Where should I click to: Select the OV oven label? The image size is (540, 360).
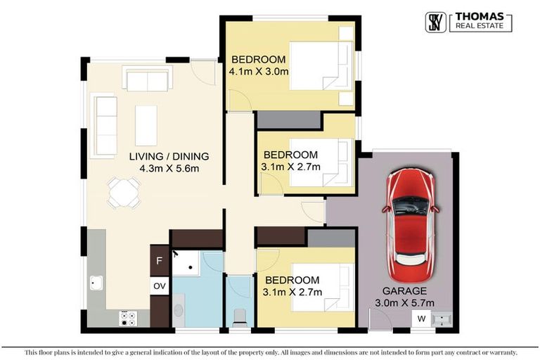160,286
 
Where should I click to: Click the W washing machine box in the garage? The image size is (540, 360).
421,319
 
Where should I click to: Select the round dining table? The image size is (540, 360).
124,192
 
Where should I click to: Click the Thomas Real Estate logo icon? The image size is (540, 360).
437,22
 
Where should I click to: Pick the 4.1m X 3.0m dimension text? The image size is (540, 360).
259,72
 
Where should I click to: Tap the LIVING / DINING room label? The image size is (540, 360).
168,156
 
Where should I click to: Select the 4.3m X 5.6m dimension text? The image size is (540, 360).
168,169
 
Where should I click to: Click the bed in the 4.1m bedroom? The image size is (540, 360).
320,65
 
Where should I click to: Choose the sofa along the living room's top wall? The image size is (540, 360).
147,78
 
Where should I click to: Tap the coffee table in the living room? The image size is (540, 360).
146,125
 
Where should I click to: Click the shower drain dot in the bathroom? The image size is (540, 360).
190,269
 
